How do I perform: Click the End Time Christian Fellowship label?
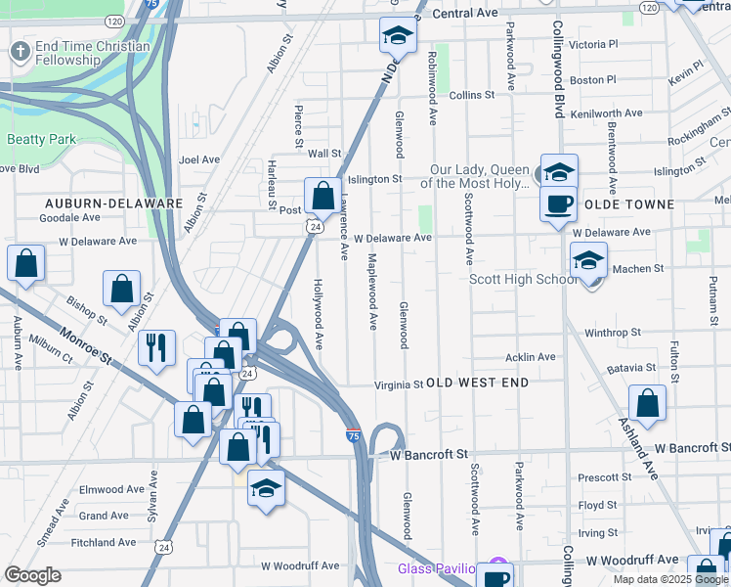(92, 53)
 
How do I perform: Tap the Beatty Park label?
(41, 140)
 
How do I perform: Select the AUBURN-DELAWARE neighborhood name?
(113, 203)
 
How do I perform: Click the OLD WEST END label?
(478, 383)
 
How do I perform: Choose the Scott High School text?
(524, 279)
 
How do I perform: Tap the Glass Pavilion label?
(436, 569)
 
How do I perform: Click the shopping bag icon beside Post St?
(322, 196)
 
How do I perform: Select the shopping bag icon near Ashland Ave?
(647, 402)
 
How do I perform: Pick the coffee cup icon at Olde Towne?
(558, 204)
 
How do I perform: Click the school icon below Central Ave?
(398, 36)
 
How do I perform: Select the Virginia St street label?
(399, 385)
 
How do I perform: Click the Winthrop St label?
(612, 333)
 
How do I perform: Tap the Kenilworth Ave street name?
(606, 113)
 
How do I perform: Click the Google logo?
(32, 574)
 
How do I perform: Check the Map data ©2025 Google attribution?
(670, 579)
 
